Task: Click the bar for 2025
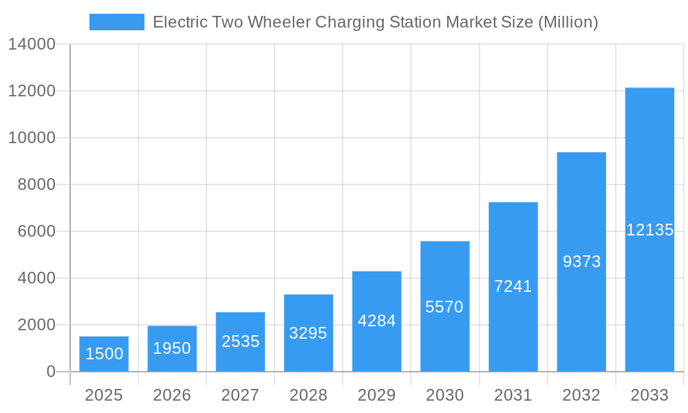pos(104,354)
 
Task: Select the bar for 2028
pos(308,333)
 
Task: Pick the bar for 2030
pos(445,306)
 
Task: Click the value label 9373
pos(581,262)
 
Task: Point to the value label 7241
pos(513,286)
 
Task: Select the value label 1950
pos(172,348)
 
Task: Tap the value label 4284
pos(376,321)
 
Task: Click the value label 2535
pos(240,341)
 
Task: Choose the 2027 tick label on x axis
pos(240,395)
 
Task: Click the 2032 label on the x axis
pos(581,395)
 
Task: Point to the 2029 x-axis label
pos(376,395)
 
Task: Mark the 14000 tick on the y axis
pos(32,44)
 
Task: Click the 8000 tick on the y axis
pos(36,184)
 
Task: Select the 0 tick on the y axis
pos(51,372)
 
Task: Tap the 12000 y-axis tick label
pos(32,91)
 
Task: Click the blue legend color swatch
pos(117,22)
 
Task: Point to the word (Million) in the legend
pos(568,22)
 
